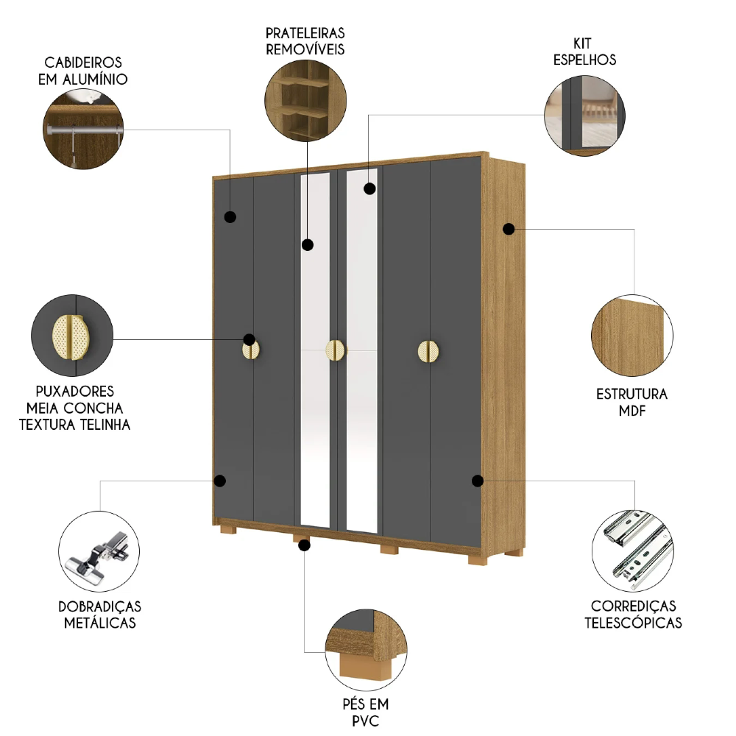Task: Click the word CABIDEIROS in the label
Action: pyautogui.click(x=83, y=63)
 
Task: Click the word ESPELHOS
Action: pyautogui.click(x=584, y=60)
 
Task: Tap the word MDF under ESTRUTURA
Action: pyautogui.click(x=631, y=411)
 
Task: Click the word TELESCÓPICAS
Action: pyautogui.click(x=633, y=623)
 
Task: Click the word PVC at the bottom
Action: pyautogui.click(x=365, y=721)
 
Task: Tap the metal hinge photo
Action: pyautogui.click(x=98, y=548)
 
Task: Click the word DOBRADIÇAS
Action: pyautogui.click(x=99, y=606)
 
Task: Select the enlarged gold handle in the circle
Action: pyautogui.click(x=72, y=336)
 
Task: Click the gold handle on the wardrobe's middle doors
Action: pyautogui.click(x=336, y=350)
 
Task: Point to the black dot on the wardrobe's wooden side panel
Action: pyautogui.click(x=508, y=229)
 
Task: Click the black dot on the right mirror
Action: pyautogui.click(x=369, y=188)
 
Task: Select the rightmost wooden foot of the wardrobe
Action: pyautogui.click(x=478, y=559)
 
